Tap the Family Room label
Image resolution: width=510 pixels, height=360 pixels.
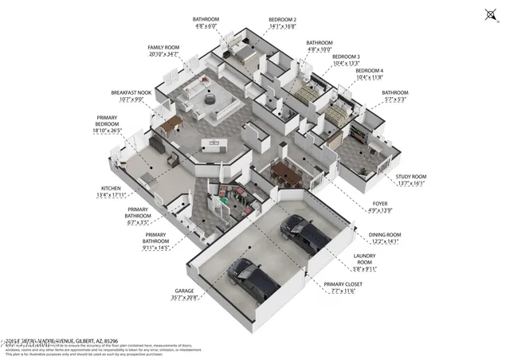coord(163,48)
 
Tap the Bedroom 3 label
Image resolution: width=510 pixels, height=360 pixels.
coord(346,57)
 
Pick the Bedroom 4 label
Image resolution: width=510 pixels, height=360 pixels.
coord(346,72)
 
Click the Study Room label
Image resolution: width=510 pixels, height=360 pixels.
coord(412,178)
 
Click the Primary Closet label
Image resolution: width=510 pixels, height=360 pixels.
coord(342,284)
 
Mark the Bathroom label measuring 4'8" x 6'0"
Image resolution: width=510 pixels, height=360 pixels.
coord(206,19)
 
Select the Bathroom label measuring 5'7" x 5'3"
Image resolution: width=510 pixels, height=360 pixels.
coord(394,93)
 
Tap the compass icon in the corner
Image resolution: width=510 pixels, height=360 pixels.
coord(489,14)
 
